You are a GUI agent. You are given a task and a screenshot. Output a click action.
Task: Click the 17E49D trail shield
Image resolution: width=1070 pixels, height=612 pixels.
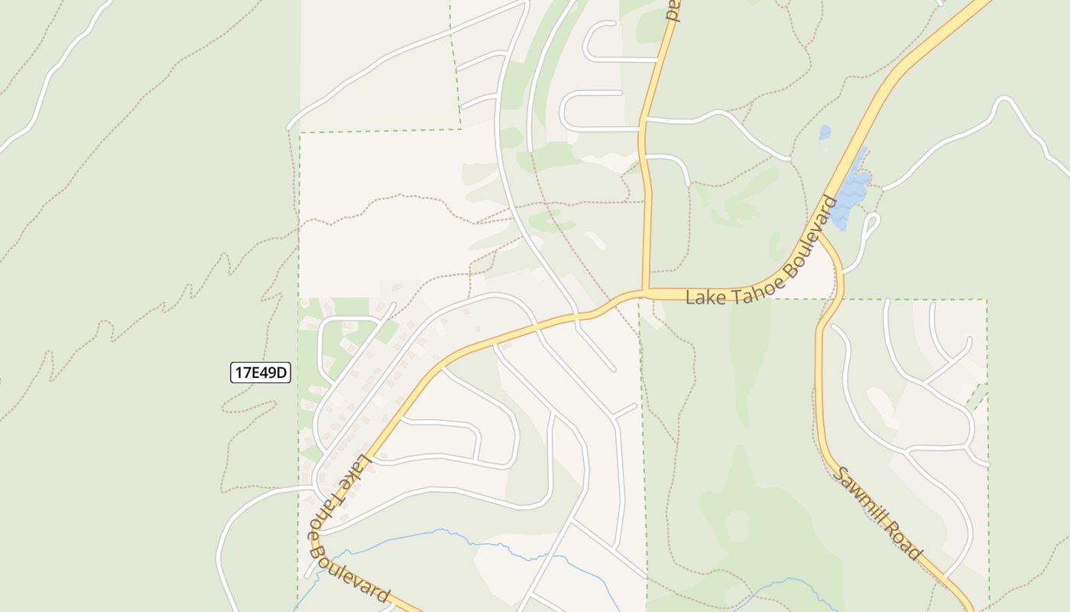pos(261,373)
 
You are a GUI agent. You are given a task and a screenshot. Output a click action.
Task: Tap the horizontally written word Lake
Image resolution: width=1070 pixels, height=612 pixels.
pos(703,297)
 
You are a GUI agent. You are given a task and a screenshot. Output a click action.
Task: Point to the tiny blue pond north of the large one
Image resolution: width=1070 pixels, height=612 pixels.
pos(825,132)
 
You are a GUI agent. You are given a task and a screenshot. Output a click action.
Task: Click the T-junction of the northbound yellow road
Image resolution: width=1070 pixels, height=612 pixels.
pos(646,292)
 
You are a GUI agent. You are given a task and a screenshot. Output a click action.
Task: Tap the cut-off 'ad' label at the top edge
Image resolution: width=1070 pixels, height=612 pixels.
pos(672,9)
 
